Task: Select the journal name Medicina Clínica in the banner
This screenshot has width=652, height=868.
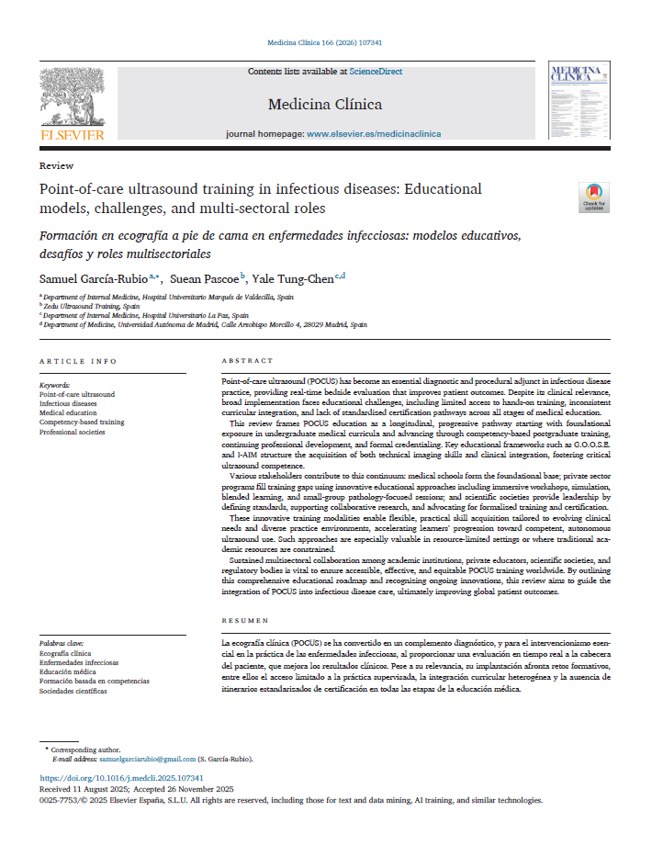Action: [x=325, y=104]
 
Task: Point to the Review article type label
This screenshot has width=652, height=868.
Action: [x=57, y=165]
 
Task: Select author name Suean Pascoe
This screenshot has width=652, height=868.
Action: [x=207, y=278]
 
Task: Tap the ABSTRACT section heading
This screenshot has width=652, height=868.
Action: [x=248, y=361]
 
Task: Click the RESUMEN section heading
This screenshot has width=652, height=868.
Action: [x=245, y=621]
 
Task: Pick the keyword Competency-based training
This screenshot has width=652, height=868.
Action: [x=82, y=422]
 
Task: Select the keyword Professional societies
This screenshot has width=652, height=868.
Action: [x=72, y=432]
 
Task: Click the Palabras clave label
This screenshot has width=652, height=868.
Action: [x=61, y=644]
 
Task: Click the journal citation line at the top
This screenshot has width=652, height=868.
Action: [x=324, y=43]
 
